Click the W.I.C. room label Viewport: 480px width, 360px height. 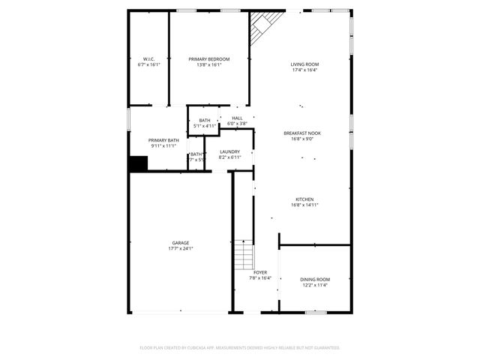(x=149, y=59)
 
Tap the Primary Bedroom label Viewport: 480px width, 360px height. (x=209, y=59)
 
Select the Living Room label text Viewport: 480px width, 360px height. (x=304, y=64)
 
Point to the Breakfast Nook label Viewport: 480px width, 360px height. (x=303, y=133)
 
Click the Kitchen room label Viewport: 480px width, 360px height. (x=304, y=199)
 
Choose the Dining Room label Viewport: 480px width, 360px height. (x=315, y=279)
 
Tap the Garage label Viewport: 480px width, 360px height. (x=180, y=243)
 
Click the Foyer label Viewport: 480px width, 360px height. (x=259, y=272)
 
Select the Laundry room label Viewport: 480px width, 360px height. (x=229, y=151)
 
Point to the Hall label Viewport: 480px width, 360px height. (x=237, y=118)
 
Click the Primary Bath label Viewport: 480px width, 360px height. (x=163, y=140)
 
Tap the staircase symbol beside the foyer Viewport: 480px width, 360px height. (x=242, y=254)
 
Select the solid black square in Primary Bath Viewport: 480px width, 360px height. (x=137, y=164)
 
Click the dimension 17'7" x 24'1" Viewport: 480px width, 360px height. (x=180, y=249)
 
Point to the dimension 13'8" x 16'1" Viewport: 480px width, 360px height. (x=209, y=65)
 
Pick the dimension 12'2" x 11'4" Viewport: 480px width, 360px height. (x=315, y=285)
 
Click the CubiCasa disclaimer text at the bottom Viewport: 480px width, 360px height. (x=240, y=348)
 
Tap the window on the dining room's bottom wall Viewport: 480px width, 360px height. (x=315, y=311)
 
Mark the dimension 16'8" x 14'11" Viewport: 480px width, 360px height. (x=304, y=205)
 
